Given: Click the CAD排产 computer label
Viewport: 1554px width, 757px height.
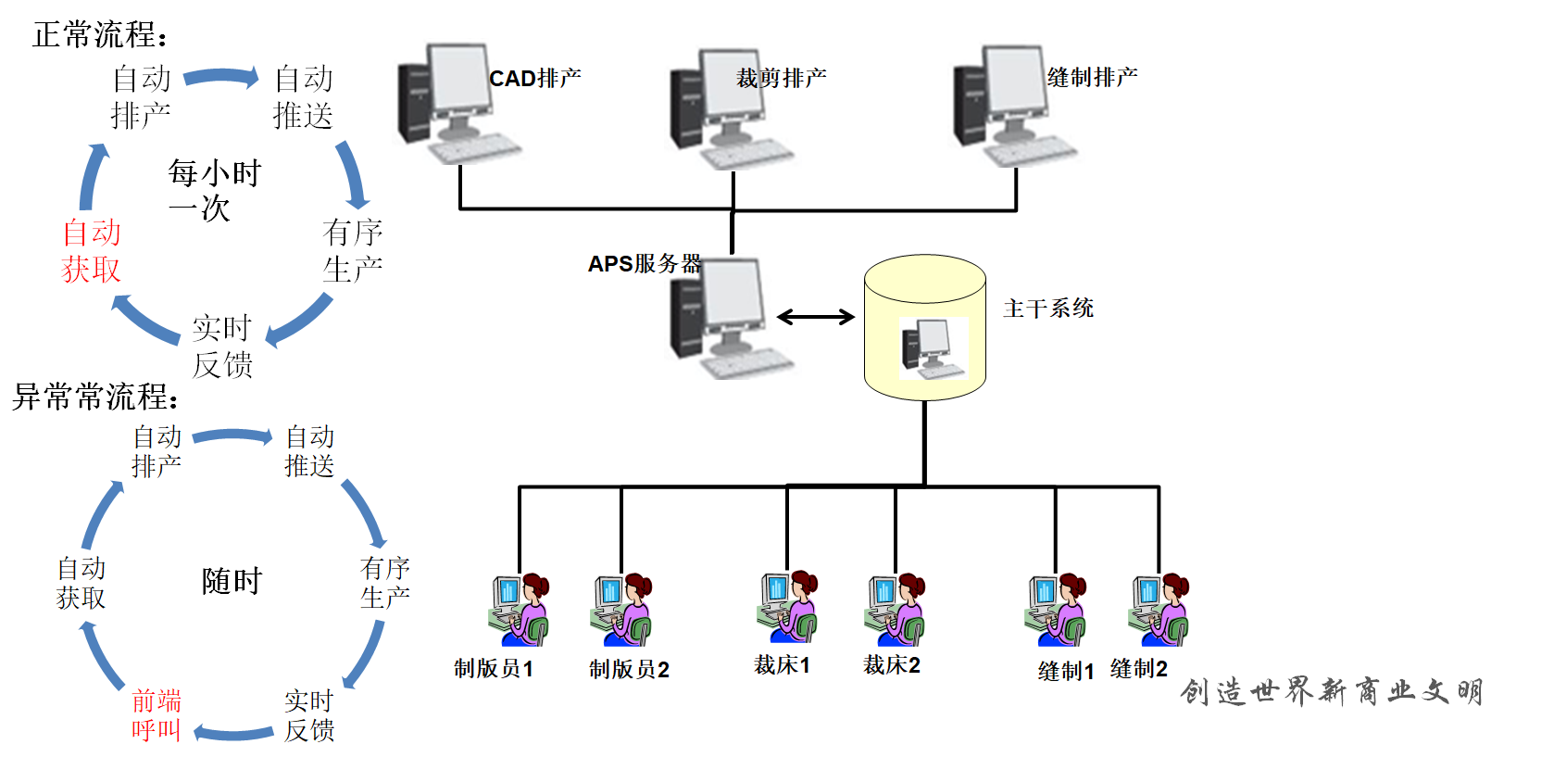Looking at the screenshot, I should [534, 78].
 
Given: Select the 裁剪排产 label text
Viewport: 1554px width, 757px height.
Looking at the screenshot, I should [781, 78].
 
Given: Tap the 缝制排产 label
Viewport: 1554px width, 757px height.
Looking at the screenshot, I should [1092, 77].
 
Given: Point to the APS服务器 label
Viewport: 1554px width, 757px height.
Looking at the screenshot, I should [645, 264].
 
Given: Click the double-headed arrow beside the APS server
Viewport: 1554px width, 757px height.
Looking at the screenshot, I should [815, 317].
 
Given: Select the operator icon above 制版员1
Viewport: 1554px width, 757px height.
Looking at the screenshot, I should [519, 609].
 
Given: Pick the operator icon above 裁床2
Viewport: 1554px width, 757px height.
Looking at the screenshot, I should [895, 609].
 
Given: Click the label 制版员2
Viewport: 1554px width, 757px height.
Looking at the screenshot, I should [629, 669].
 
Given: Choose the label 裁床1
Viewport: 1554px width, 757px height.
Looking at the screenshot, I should [782, 665].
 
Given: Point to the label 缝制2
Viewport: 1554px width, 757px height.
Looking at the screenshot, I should [1138, 668].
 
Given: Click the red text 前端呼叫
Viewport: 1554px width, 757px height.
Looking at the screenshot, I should [156, 714].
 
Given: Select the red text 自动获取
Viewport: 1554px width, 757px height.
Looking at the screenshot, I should [92, 250].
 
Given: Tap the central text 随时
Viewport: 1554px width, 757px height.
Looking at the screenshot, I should [232, 581].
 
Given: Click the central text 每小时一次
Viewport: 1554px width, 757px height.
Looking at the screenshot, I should [214, 190].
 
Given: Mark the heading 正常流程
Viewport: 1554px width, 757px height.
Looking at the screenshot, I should [100, 35].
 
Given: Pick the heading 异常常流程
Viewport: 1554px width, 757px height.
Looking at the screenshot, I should [95, 397].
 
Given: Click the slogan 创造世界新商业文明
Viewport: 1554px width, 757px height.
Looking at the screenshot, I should [1331, 691].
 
